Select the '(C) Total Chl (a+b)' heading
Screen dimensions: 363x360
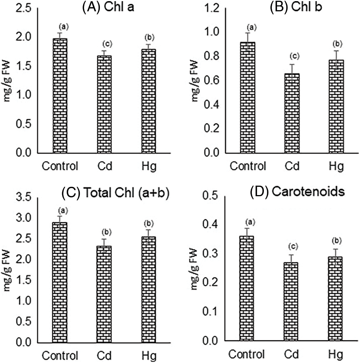pyautogui.click(x=115, y=194)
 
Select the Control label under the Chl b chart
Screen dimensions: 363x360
pyautogui.click(x=248, y=166)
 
